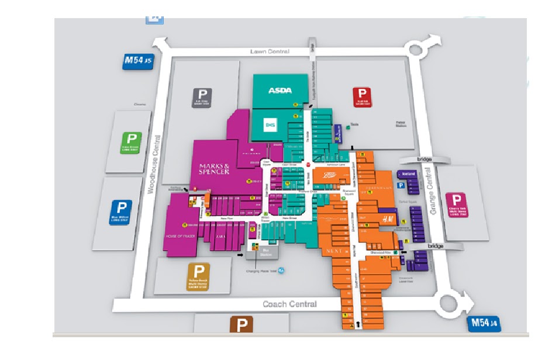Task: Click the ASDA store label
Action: (x=279, y=91)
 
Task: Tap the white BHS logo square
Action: (x=270, y=124)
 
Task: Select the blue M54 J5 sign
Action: (x=137, y=61)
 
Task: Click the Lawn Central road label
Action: (x=270, y=51)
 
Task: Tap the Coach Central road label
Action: (x=289, y=304)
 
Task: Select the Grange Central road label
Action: (x=432, y=193)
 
